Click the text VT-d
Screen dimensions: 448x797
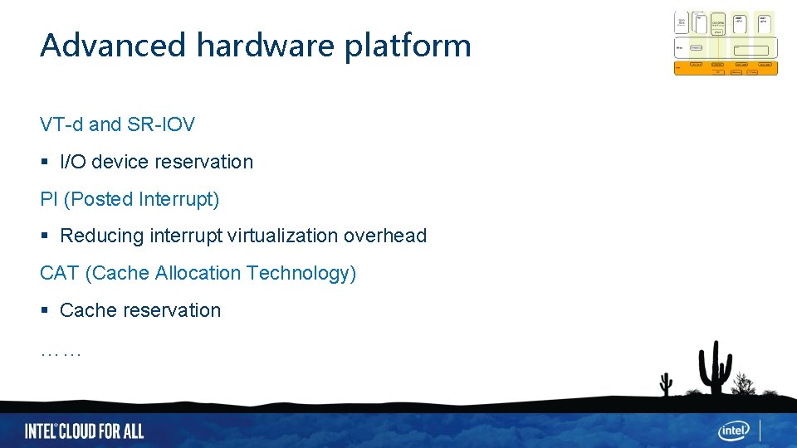pos(61,124)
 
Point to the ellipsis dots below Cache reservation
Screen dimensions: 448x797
pos(61,353)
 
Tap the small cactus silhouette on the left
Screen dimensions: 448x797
pos(665,383)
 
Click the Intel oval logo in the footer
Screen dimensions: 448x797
pos(734,430)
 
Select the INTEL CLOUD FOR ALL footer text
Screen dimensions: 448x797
pos(84,431)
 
